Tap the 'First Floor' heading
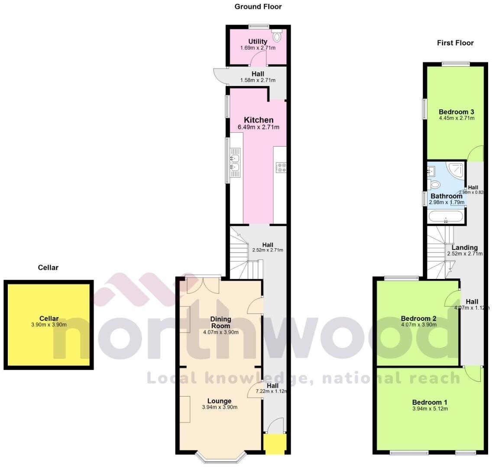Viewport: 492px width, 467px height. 455,43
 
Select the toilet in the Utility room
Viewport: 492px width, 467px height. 277,37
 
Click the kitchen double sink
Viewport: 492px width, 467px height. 235,161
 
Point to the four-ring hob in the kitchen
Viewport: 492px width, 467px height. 281,167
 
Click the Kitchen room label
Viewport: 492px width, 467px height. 259,120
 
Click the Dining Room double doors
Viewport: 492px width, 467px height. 202,285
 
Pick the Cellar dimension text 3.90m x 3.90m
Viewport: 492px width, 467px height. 49,325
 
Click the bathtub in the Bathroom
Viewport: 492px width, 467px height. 446,216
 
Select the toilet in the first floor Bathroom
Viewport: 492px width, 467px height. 434,185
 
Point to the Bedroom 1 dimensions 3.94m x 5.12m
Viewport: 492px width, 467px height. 430,409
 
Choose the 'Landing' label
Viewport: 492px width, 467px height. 465,248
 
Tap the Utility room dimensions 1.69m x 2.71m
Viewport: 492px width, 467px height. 258,48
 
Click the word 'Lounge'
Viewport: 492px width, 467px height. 219,401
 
